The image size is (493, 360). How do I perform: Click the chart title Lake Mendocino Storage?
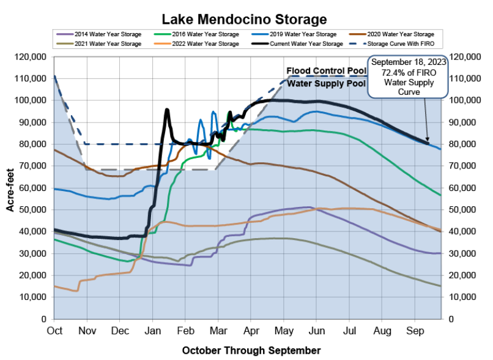coord(244,20)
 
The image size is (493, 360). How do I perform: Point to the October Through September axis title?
coord(251,350)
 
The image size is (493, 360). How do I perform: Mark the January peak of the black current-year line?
coord(167,110)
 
